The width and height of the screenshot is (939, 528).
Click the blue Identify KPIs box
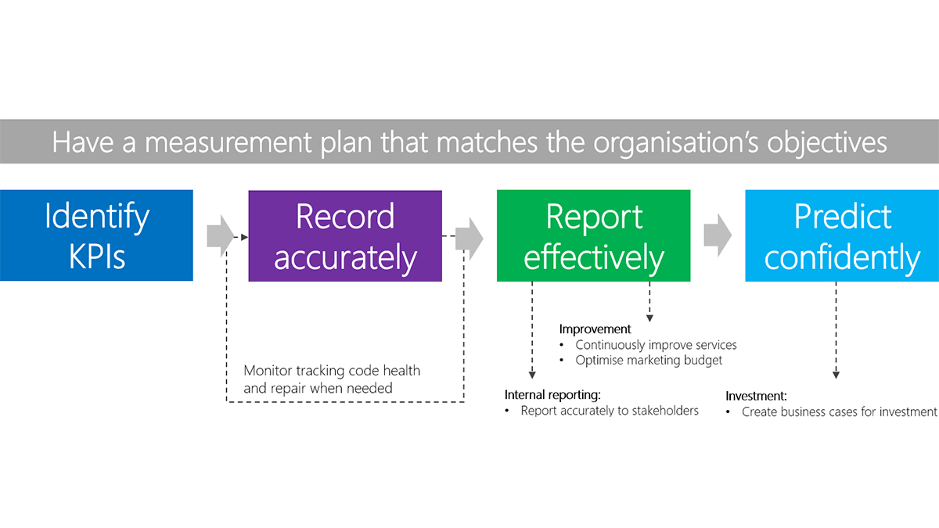click(96, 235)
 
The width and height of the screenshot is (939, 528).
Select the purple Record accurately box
click(345, 235)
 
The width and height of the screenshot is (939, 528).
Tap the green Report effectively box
click(593, 235)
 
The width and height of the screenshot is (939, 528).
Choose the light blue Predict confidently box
click(842, 235)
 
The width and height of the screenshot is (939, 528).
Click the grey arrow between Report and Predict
click(718, 235)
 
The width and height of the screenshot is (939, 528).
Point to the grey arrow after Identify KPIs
click(221, 235)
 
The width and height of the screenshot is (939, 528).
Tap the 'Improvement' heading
click(595, 329)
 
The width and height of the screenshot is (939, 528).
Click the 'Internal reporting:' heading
click(556, 394)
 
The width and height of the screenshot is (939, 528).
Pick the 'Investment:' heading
click(756, 396)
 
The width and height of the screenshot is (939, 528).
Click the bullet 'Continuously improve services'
click(656, 345)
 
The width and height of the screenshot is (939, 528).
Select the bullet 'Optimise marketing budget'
click(649, 361)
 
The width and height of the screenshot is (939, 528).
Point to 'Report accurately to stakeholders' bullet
click(610, 411)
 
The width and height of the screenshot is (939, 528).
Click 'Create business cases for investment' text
click(839, 412)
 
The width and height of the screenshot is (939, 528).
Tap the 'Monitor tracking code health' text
click(332, 371)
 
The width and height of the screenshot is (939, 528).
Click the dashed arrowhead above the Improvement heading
click(649, 318)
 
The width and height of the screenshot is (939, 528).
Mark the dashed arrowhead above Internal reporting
click(532, 375)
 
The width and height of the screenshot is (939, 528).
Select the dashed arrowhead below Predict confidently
click(836, 375)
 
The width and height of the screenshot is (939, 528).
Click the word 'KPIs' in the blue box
click(96, 257)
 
